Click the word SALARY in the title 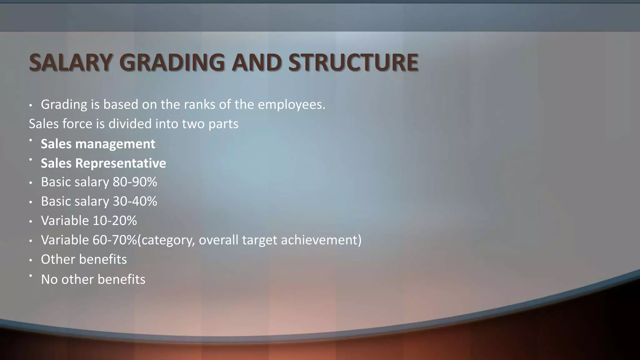(71, 62)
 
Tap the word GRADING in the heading (172, 62)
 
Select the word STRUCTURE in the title (353, 62)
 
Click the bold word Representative (121, 163)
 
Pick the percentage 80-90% (135, 182)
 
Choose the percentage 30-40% (135, 202)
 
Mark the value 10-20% (115, 221)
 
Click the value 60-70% (115, 240)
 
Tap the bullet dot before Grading (31, 105)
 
